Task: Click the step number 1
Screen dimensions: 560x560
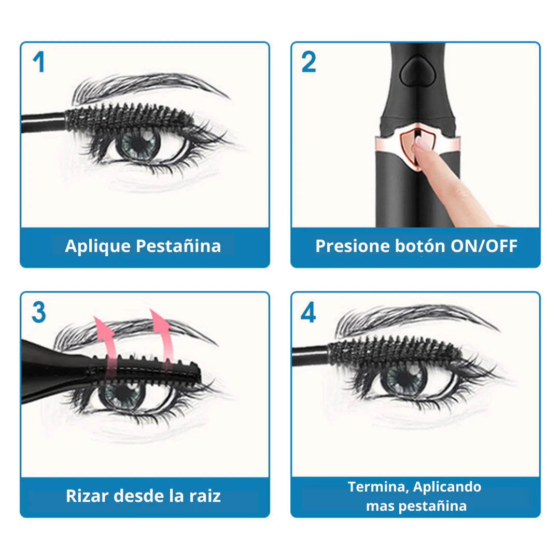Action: coord(39,61)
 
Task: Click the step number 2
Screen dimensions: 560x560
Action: coord(309,61)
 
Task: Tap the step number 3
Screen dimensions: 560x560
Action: coord(39,312)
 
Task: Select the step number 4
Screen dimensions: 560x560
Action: coord(308,312)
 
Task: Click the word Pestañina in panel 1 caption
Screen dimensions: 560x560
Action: coord(178,246)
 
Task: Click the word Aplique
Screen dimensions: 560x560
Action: coord(98,246)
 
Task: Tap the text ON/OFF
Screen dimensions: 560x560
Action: coord(484,246)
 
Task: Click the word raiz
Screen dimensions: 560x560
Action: coord(205,496)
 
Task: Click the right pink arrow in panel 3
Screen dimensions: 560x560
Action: coord(163,338)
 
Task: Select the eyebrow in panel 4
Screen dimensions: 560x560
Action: coord(416,318)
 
